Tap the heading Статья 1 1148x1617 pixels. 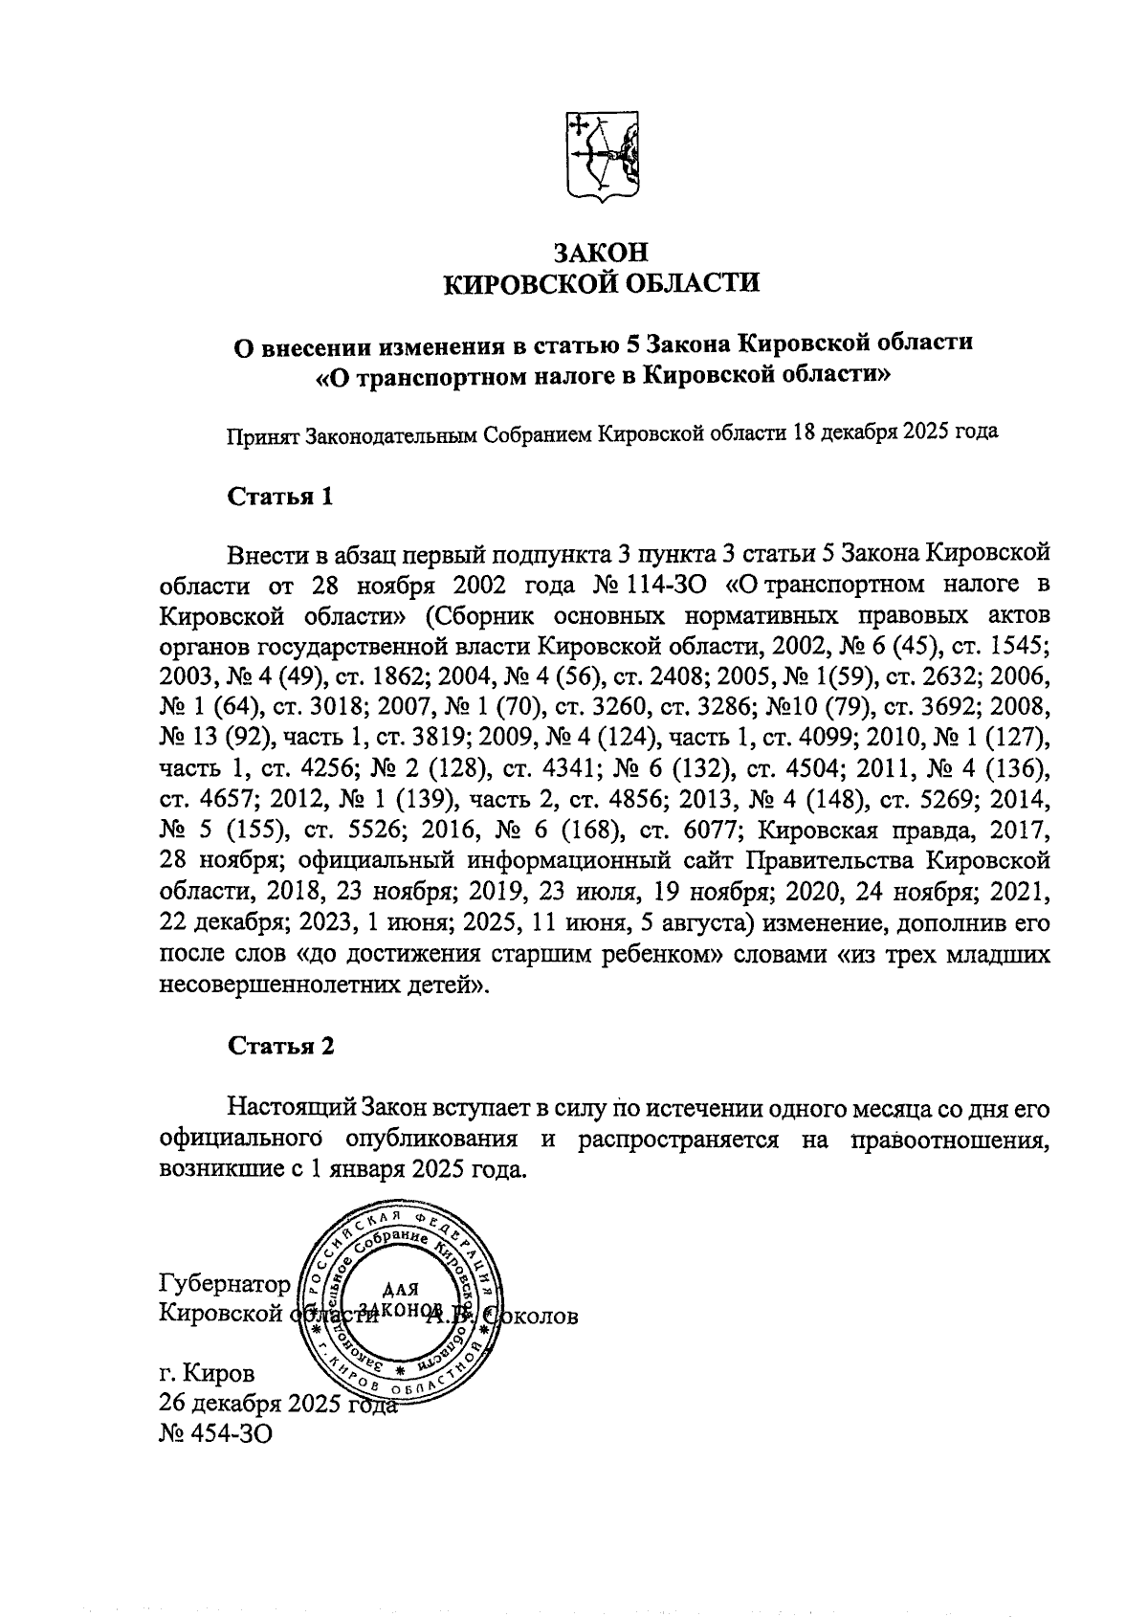click(x=280, y=498)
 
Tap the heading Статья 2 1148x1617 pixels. click(x=281, y=1046)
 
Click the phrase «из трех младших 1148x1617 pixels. click(x=946, y=956)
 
